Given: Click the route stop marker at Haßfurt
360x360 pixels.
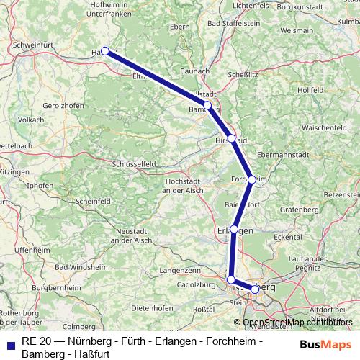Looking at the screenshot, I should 105,51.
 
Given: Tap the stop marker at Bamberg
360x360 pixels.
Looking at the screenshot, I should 207,105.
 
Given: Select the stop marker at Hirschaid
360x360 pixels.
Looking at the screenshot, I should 231,138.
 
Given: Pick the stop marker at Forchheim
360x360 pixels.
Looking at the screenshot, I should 251,179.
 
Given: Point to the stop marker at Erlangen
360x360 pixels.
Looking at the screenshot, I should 234,229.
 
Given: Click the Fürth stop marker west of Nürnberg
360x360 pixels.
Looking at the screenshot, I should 230,279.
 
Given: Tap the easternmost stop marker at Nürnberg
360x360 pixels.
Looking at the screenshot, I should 255,289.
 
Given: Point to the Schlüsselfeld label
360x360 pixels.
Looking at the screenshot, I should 135,164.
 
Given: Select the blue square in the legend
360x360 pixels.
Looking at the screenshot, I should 10,345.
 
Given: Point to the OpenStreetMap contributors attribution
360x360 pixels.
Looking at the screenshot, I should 297,322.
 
